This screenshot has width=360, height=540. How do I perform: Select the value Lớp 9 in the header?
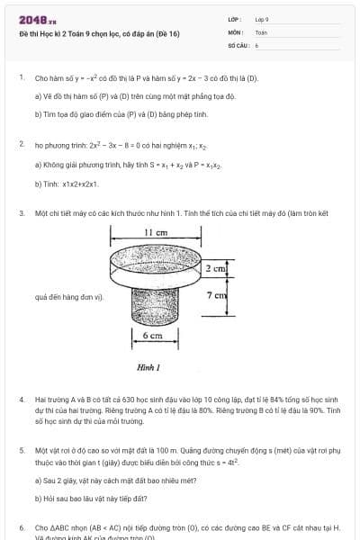tap(262, 19)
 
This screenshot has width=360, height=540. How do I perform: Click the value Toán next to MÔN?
tap(261, 31)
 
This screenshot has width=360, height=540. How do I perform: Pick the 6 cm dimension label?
tap(152, 336)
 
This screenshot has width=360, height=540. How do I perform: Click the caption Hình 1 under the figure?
tap(148, 367)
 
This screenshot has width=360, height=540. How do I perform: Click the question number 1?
tap(22, 78)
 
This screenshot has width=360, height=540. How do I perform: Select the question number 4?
tap(22, 398)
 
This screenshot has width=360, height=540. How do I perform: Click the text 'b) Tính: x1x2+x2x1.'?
tap(67, 184)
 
